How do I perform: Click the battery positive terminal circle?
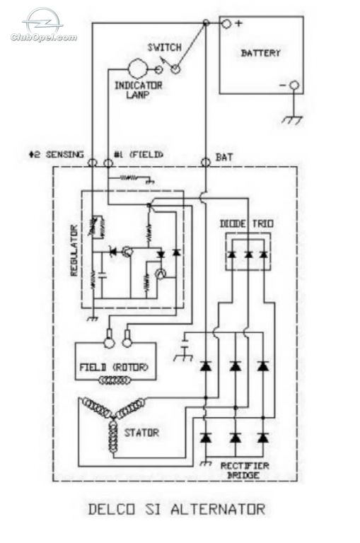point(226,24)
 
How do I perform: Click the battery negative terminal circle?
point(294,85)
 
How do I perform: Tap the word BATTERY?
point(260,53)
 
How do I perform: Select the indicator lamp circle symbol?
point(138,69)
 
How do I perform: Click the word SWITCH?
point(165,47)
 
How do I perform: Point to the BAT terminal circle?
point(206,162)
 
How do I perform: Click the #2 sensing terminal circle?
point(92,162)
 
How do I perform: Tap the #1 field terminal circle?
point(108,162)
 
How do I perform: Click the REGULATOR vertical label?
point(74,250)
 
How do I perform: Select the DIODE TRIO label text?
point(247,223)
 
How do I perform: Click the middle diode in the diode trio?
point(248,255)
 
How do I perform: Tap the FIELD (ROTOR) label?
point(114,367)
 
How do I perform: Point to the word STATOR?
point(141,433)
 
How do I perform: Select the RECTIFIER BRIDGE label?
point(245,470)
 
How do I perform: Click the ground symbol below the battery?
point(292,119)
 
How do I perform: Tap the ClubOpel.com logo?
point(44,25)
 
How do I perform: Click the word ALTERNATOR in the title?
point(218,509)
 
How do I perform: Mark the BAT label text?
point(224,157)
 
